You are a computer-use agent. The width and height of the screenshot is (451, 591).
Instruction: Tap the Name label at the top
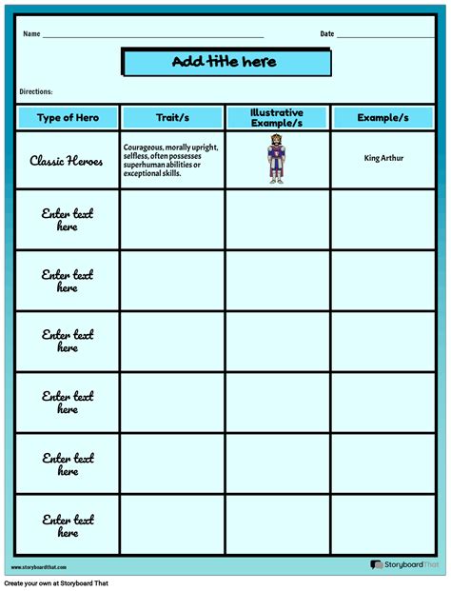[31, 34]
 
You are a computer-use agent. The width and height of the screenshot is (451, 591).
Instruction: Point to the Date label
[326, 34]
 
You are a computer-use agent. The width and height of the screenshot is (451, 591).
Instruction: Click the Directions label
[35, 91]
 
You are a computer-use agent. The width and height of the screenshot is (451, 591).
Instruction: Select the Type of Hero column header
[67, 117]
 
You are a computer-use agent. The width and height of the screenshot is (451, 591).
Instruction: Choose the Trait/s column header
[172, 117]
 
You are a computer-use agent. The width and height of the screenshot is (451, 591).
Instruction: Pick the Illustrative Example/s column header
[277, 117]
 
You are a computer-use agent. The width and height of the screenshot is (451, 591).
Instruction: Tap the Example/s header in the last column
[382, 117]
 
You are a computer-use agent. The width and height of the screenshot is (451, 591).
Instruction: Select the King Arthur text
[383, 158]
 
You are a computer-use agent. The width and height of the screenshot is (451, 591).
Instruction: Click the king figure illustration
[276, 160]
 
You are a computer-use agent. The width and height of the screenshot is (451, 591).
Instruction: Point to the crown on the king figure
[276, 139]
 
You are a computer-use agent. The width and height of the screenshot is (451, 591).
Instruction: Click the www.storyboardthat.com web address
[39, 567]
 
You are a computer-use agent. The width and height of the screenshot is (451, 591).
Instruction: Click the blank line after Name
[152, 36]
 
